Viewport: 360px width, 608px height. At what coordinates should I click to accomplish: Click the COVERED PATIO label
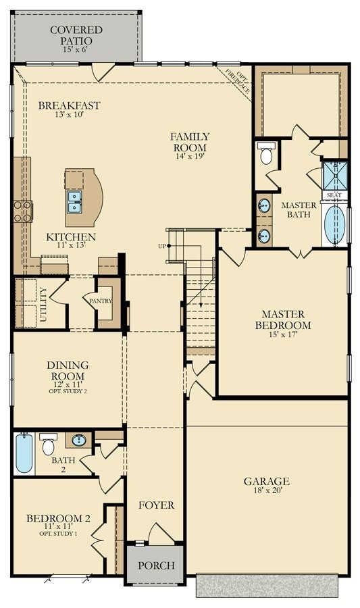pyautogui.click(x=76, y=35)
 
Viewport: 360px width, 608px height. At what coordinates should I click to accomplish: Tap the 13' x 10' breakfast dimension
pyautogui.click(x=70, y=114)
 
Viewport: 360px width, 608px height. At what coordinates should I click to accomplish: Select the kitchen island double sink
pyautogui.click(x=74, y=202)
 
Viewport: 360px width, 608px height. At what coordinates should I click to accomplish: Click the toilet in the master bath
pyautogui.click(x=267, y=153)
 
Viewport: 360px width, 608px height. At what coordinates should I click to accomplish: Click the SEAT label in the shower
pyautogui.click(x=334, y=195)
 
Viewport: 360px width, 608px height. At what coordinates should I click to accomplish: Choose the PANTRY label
pyautogui.click(x=101, y=301)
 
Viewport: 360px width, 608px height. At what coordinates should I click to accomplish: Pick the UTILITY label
pyautogui.click(x=43, y=305)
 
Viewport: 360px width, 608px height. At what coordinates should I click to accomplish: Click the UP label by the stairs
pyautogui.click(x=162, y=246)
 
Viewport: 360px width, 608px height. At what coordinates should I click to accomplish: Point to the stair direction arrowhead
pyautogui.click(x=201, y=305)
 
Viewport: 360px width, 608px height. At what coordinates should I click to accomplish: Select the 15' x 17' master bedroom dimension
pyautogui.click(x=283, y=334)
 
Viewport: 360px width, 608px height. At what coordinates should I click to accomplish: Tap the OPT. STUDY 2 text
pyautogui.click(x=68, y=391)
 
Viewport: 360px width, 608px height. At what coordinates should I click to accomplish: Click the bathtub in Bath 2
pyautogui.click(x=24, y=454)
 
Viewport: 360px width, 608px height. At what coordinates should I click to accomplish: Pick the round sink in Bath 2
pyautogui.click(x=79, y=440)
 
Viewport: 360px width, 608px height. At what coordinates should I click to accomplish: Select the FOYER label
pyautogui.click(x=157, y=505)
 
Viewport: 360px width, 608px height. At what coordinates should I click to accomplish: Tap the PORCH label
pyautogui.click(x=156, y=565)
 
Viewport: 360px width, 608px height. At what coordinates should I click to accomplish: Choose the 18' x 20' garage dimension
pyautogui.click(x=266, y=490)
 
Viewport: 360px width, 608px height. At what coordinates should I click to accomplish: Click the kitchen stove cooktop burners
pyautogui.click(x=23, y=211)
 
